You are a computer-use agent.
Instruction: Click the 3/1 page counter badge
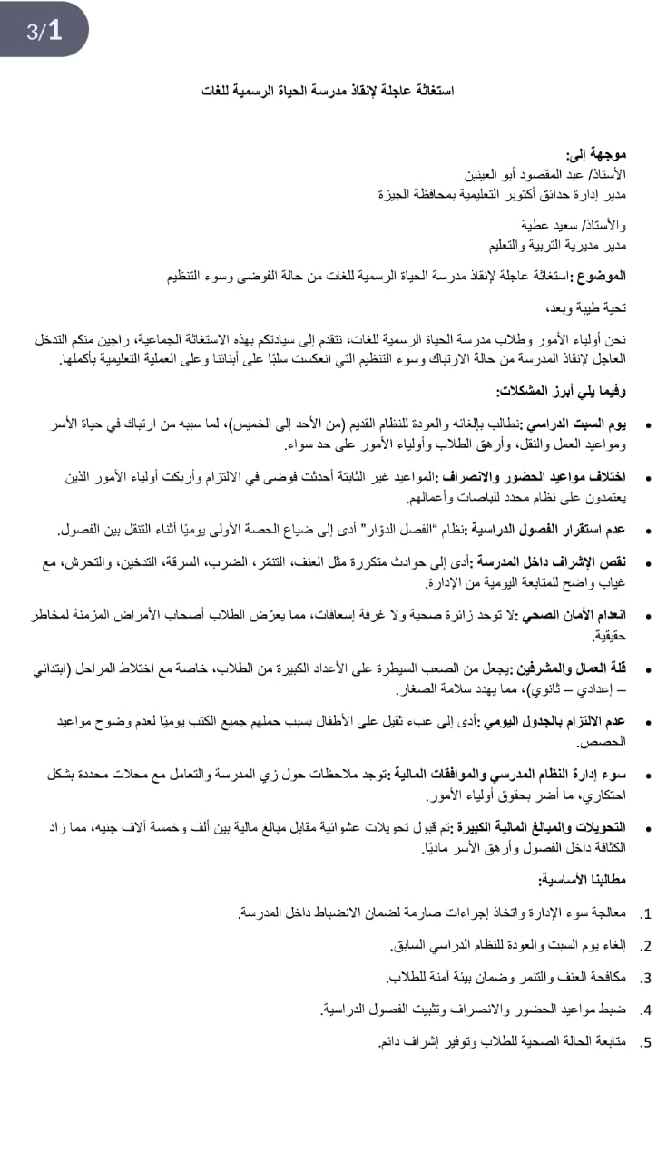(x=44, y=31)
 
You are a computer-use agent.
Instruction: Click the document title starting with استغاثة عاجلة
(x=328, y=91)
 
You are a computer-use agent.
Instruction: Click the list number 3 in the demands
(x=646, y=978)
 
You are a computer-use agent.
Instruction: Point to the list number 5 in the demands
(x=646, y=1043)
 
